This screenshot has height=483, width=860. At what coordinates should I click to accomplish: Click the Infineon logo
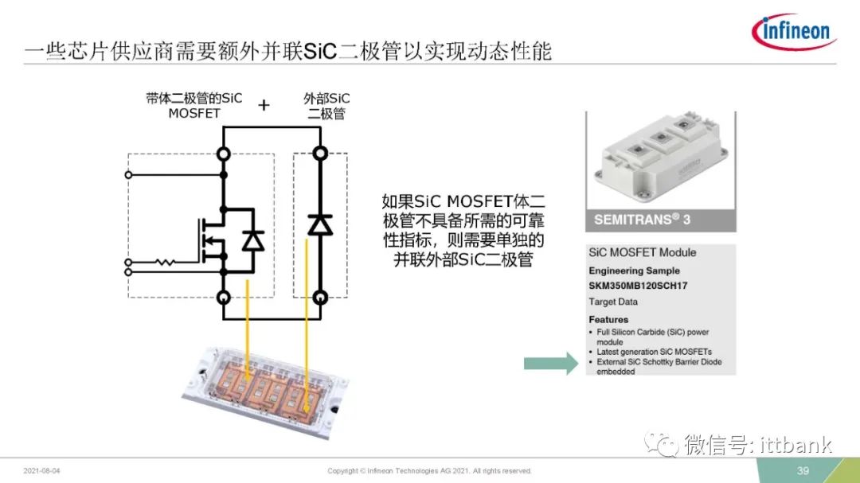tap(794, 31)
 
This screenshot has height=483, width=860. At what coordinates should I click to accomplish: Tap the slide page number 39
tap(803, 470)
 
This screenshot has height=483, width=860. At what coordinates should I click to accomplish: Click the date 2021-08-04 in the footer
tap(41, 471)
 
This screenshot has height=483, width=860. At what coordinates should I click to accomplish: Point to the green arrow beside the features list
tap(551, 363)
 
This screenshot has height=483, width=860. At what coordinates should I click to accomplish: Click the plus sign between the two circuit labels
tap(264, 105)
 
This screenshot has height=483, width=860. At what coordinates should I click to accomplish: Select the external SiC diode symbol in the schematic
tap(320, 224)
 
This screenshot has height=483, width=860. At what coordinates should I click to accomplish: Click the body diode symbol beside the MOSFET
tap(253, 240)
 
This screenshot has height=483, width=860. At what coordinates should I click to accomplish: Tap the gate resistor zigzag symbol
tap(165, 263)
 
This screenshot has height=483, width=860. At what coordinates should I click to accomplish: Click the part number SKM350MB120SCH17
tap(638, 286)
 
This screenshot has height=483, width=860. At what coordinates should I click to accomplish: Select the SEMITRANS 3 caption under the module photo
tap(642, 220)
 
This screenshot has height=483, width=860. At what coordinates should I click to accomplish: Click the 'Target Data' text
tap(613, 302)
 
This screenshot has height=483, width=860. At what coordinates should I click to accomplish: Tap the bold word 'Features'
tap(608, 320)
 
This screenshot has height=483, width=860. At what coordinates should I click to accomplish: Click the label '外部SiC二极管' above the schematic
tap(326, 106)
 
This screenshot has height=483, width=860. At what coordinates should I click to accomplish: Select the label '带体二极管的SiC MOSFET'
tap(193, 106)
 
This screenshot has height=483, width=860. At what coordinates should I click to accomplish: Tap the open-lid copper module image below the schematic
tap(265, 391)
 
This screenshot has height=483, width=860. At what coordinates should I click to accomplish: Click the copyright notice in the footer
tap(429, 471)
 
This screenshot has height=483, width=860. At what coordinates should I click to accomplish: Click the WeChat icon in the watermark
tap(662, 443)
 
